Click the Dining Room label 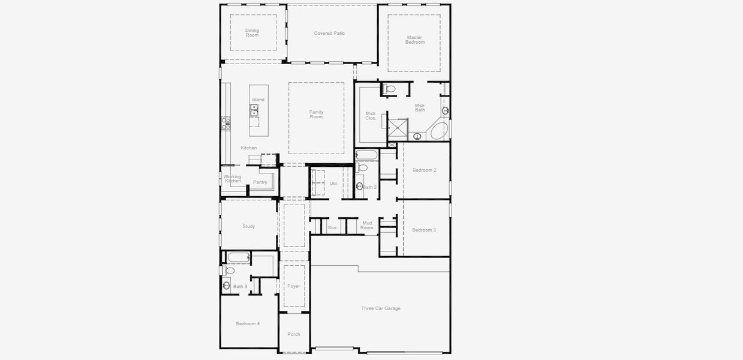pos(252,33)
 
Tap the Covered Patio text pos(329,34)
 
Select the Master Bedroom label pos(414,40)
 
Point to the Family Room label pos(316,114)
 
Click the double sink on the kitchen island pos(254,110)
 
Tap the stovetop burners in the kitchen pos(226,124)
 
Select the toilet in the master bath pos(390,89)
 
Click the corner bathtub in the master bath pos(440,130)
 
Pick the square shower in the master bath pos(398,128)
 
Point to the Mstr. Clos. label pos(371,116)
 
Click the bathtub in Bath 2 pos(366,155)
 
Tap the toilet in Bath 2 pos(362,168)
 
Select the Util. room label pos(333,183)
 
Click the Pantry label pos(260,182)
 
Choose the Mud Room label pos(367,225)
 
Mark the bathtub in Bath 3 pos(238,258)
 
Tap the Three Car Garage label pos(380,308)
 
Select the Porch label pos(293,334)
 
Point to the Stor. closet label pos(333,228)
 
